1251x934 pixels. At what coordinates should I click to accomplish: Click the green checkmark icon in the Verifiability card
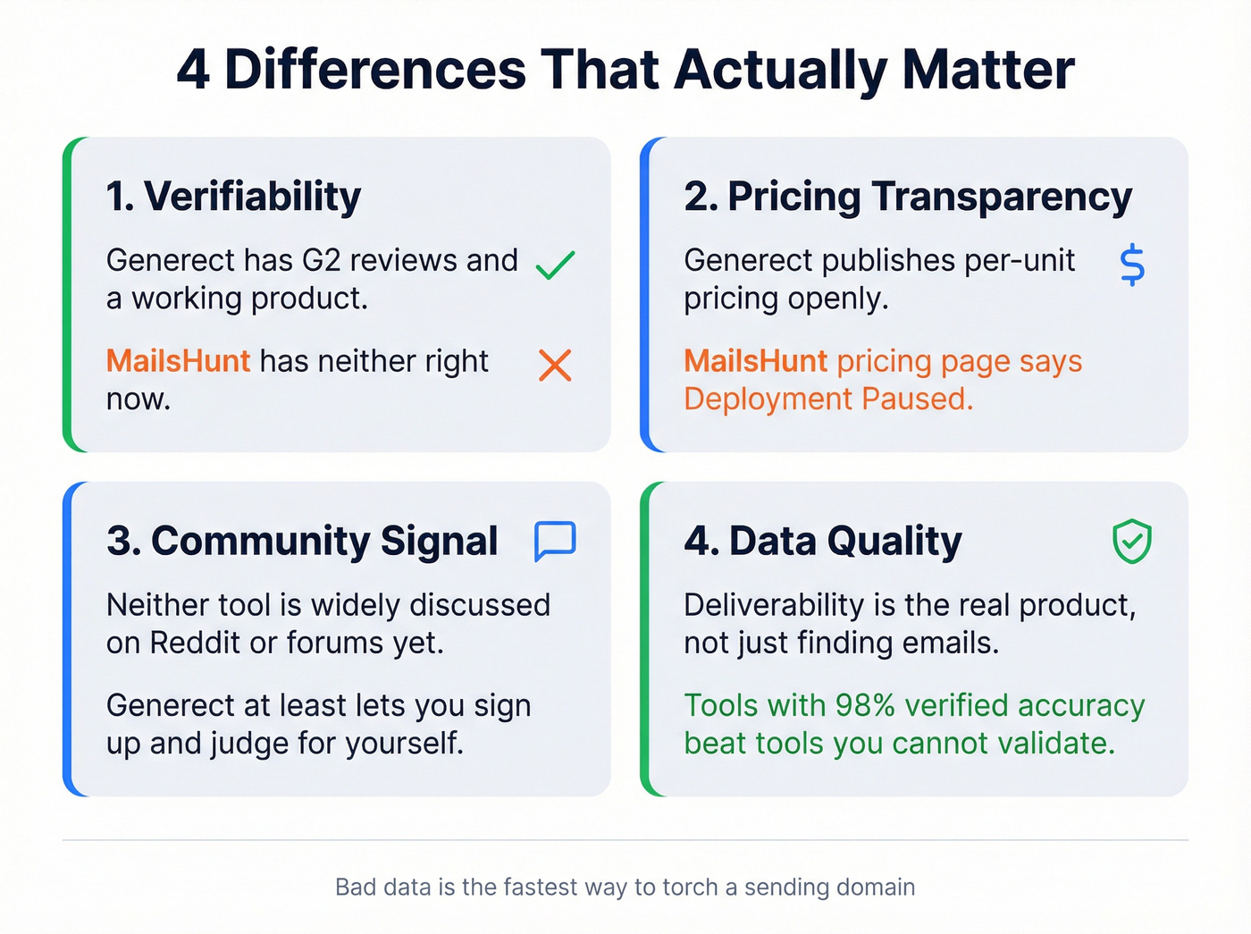tap(555, 265)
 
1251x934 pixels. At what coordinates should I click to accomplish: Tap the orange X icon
tap(555, 365)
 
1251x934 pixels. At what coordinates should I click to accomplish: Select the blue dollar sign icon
tap(1132, 265)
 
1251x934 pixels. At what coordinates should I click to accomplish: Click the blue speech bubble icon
tap(555, 541)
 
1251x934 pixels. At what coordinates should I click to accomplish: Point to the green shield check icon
tap(1131, 542)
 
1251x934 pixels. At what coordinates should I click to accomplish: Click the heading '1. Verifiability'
tap(233, 197)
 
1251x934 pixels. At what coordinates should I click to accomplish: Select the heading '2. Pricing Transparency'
tap(907, 197)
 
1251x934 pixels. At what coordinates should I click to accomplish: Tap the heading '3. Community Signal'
tap(301, 542)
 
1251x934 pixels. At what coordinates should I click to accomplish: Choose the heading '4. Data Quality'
tap(822, 542)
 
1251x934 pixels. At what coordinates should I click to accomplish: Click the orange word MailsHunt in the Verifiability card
tap(178, 361)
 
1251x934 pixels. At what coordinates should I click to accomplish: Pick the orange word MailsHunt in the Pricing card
tap(755, 361)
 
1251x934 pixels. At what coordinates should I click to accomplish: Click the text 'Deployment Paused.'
tap(828, 399)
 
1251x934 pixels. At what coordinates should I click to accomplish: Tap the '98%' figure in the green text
tap(864, 705)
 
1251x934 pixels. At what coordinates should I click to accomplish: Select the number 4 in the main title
tap(193, 70)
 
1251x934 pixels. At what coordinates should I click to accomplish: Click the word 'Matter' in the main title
tap(987, 70)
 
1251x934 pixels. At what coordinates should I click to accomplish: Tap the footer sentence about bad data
tap(625, 887)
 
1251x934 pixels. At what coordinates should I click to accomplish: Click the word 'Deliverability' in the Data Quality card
tap(776, 605)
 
